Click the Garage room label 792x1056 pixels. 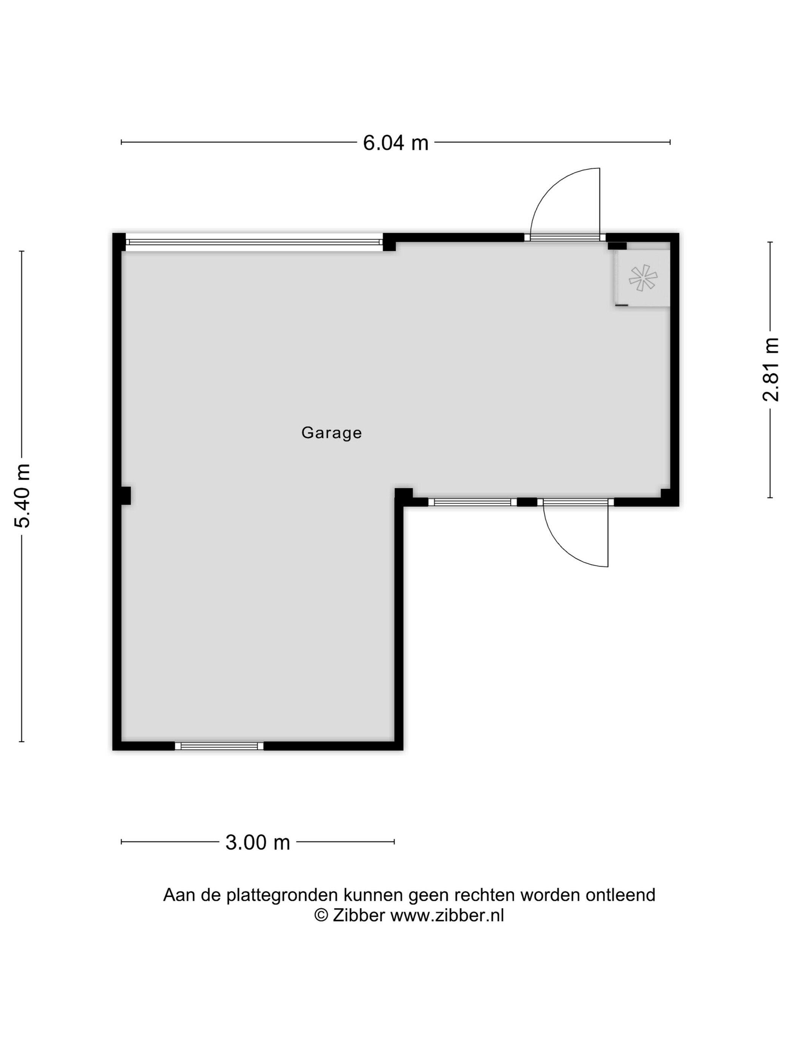[x=331, y=433]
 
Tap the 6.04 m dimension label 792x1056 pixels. [x=396, y=143]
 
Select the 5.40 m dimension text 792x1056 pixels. [x=23, y=496]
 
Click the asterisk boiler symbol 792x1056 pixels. [x=643, y=278]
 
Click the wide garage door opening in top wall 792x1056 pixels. [x=254, y=242]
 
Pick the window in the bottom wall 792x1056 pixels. [x=219, y=746]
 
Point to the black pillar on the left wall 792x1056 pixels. [x=126, y=496]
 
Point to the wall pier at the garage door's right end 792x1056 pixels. [x=390, y=242]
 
